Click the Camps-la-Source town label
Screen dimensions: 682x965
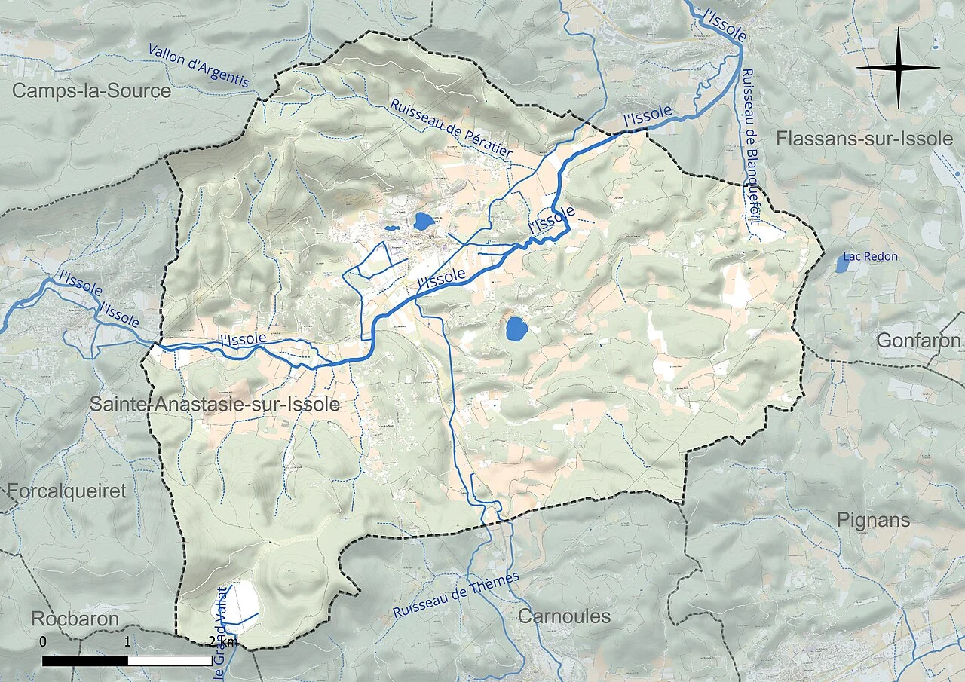tap(92, 91)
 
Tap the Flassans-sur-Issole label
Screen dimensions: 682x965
tap(864, 139)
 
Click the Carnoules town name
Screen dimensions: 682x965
tap(564, 616)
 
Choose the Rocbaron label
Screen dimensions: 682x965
tap(75, 619)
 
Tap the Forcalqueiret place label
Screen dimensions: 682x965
tap(66, 491)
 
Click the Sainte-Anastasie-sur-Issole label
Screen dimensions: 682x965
tap(215, 405)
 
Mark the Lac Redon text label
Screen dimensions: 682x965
tap(871, 257)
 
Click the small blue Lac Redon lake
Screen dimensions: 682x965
tap(841, 264)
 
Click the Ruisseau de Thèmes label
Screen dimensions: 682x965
tap(456, 595)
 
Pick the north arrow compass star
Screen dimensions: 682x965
tap(898, 68)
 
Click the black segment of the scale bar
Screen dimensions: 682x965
tap(84, 661)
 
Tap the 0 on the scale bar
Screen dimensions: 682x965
tap(43, 641)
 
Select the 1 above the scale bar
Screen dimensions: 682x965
tap(127, 641)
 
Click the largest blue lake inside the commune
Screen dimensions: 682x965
tap(516, 329)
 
